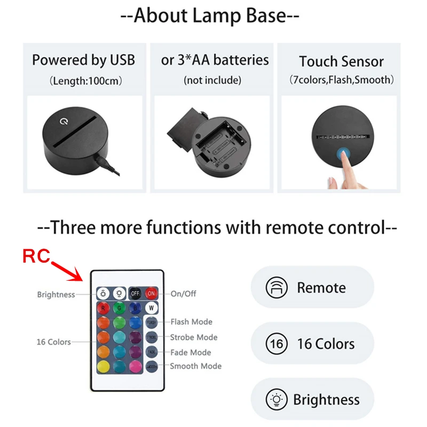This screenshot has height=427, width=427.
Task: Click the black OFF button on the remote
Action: [x=135, y=293]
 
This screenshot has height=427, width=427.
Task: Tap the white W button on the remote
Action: [x=152, y=307]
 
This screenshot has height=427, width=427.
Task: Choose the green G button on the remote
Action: [x=118, y=307]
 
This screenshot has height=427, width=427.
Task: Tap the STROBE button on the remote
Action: [x=152, y=337]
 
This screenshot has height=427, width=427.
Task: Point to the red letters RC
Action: [x=36, y=256]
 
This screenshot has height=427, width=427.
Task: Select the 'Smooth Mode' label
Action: [x=195, y=366]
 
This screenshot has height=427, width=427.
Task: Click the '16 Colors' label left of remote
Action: [x=53, y=342]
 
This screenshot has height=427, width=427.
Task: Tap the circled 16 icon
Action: [x=277, y=344]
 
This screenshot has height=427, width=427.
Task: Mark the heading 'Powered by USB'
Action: [x=83, y=60]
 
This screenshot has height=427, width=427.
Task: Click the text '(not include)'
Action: [x=213, y=81]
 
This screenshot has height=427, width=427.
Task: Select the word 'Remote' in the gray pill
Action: [x=321, y=288]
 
